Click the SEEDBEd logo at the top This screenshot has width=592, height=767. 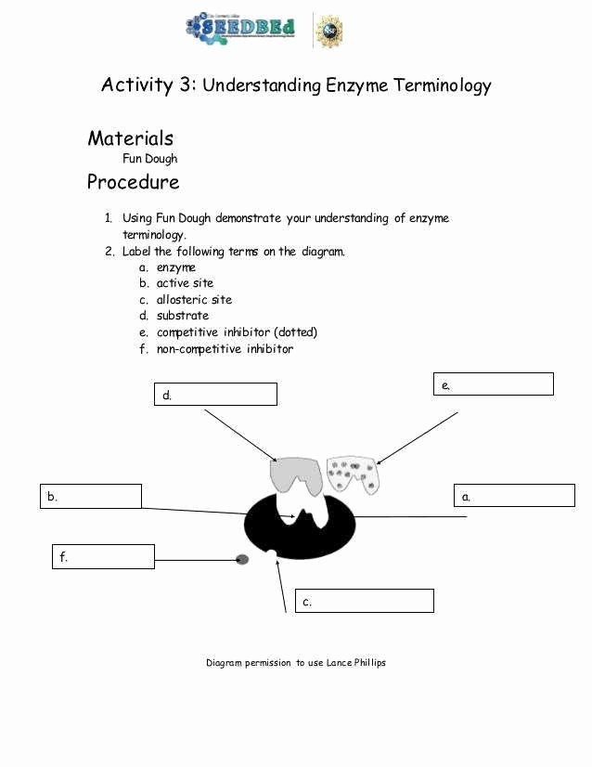point(240,28)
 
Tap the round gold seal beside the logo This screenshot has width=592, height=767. point(328,31)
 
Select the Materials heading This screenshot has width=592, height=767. point(130,138)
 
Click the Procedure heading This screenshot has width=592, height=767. point(133,182)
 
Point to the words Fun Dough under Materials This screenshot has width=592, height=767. point(149,159)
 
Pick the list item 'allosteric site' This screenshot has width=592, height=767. point(194,300)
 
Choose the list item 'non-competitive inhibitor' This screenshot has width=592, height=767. point(225,349)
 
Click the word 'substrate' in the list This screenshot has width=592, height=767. point(182,316)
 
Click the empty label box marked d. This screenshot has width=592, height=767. point(215,395)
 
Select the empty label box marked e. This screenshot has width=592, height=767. point(494,384)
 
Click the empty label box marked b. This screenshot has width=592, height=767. point(91,496)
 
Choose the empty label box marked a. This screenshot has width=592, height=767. point(514,496)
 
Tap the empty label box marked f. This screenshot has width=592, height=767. point(103,556)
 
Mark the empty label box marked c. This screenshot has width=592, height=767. point(364,601)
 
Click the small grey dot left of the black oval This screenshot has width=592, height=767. point(242,559)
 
